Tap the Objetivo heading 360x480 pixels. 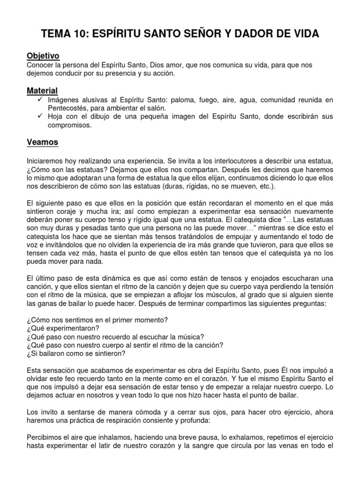[43, 56]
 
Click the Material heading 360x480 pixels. [42, 90]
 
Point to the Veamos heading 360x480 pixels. [43, 142]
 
